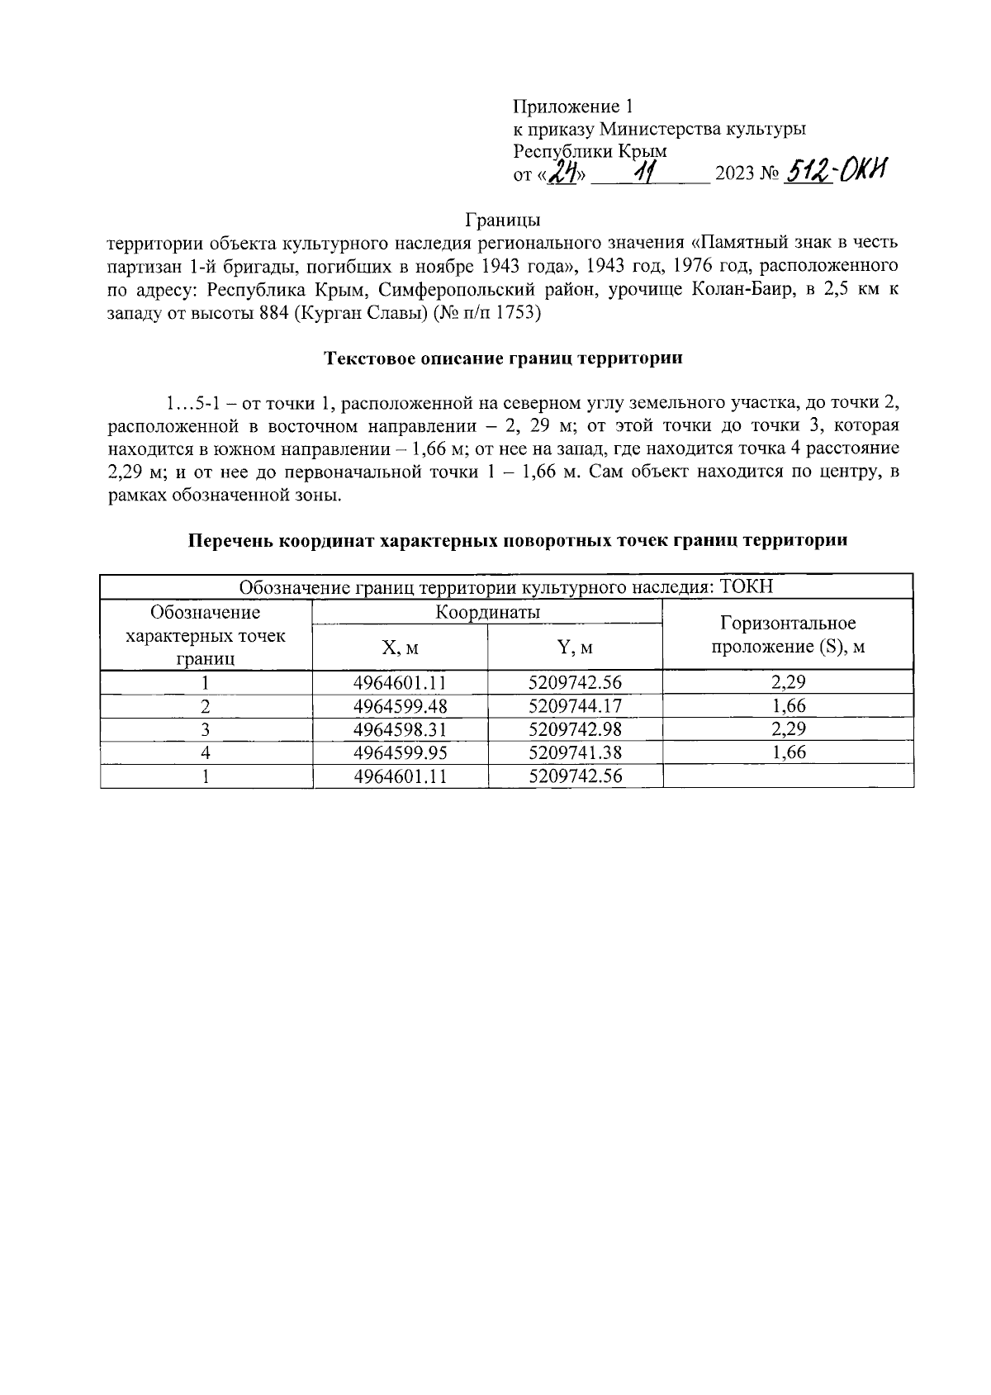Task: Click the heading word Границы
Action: tap(503, 221)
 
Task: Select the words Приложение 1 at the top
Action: tap(572, 106)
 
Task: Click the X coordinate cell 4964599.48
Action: tap(400, 706)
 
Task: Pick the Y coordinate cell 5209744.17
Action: tap(575, 706)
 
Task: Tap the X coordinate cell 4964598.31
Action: tap(400, 729)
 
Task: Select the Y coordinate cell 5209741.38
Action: tap(575, 752)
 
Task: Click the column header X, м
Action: tap(400, 648)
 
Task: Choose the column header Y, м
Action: tap(575, 648)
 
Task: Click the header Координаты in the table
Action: tap(487, 612)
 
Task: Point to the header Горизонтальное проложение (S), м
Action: tap(788, 634)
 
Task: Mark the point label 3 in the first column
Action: tap(206, 729)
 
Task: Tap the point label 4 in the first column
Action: tap(206, 752)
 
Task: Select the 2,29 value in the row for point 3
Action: tap(788, 729)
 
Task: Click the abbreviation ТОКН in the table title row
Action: tap(747, 587)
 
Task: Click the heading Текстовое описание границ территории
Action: tap(503, 359)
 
